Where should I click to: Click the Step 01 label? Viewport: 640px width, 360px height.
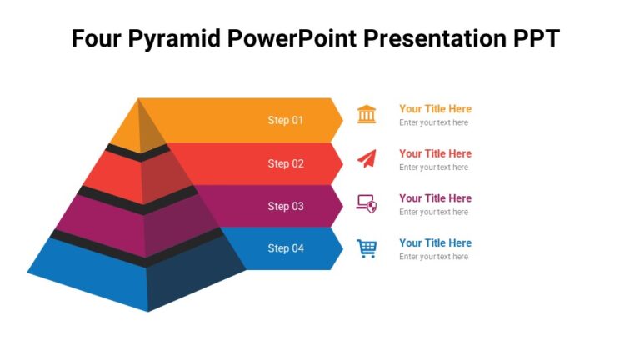[285, 120]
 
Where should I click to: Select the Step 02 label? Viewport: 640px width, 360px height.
[285, 163]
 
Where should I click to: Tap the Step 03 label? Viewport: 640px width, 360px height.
[285, 206]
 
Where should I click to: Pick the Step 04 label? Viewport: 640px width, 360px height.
[285, 248]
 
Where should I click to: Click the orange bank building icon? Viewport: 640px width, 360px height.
[367, 114]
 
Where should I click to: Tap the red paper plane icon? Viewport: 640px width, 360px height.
[367, 157]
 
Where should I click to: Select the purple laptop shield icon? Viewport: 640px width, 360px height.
[367, 202]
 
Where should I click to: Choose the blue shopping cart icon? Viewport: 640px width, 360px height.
[367, 248]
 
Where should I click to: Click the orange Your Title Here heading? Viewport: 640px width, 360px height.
[435, 109]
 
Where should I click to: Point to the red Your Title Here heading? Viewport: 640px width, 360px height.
[435, 153]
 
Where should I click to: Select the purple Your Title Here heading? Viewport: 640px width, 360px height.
[435, 198]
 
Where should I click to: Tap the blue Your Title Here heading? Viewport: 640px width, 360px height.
[435, 243]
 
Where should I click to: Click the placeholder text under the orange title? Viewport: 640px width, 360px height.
[433, 123]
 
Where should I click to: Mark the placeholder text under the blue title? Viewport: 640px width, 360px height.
[433, 257]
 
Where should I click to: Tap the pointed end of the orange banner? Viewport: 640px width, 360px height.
[338, 120]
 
